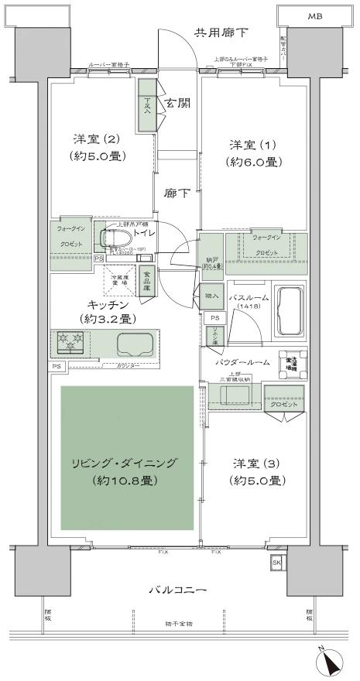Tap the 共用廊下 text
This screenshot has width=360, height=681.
pyautogui.click(x=221, y=33)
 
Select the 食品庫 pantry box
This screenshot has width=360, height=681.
pyautogui.click(x=146, y=280)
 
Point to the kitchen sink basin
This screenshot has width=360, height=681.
pyautogui.click(x=117, y=342)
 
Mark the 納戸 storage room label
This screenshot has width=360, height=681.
pyautogui.click(x=212, y=261)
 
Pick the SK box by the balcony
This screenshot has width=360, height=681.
pyautogui.click(x=276, y=562)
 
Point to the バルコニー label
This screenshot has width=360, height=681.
pyautogui.click(x=180, y=590)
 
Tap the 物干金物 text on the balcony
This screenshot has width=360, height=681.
pyautogui.click(x=179, y=625)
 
